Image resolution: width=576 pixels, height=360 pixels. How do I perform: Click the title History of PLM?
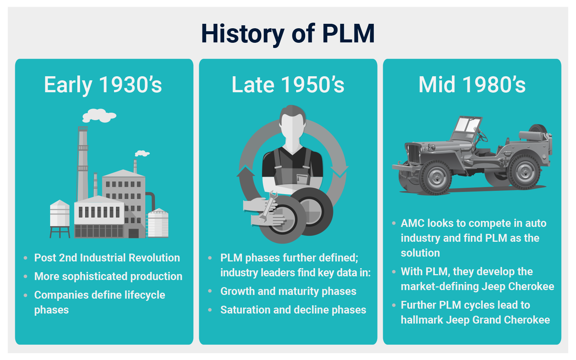(x=288, y=33)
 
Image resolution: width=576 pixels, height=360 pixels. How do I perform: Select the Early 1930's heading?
(x=103, y=84)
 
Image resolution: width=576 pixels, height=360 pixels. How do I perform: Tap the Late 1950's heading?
(x=288, y=84)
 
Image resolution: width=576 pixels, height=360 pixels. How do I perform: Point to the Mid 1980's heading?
(x=472, y=84)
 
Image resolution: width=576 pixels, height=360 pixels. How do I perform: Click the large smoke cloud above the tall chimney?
(x=99, y=115)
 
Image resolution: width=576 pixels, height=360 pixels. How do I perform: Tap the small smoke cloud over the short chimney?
(x=142, y=153)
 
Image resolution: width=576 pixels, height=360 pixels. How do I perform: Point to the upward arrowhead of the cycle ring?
(x=246, y=171)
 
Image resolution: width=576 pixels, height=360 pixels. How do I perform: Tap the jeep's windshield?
(x=467, y=125)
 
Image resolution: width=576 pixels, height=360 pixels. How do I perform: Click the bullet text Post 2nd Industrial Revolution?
(x=107, y=258)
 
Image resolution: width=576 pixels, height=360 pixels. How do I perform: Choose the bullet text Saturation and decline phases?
(x=293, y=310)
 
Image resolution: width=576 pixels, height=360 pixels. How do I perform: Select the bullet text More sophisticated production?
(x=108, y=276)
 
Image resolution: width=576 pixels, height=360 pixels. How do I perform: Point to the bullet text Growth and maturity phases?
(x=288, y=291)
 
